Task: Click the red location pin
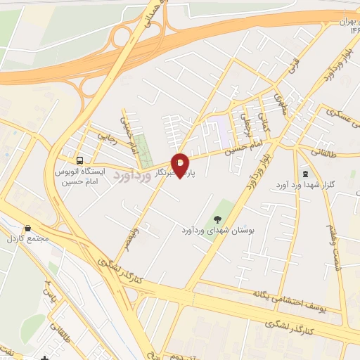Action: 180,164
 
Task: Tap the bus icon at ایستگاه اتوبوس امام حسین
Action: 79,160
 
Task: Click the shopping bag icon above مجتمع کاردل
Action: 27,229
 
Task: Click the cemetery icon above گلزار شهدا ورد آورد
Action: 304,172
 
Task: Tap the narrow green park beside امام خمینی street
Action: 143,146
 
